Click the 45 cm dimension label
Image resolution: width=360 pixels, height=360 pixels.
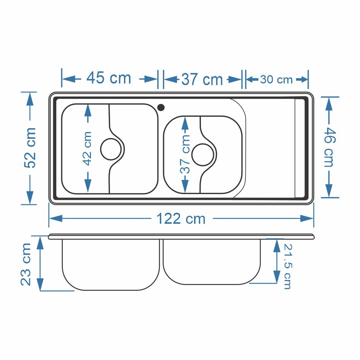click(108, 78)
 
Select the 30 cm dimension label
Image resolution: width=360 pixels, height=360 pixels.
click(276, 80)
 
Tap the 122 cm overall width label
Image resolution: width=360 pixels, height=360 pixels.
click(181, 218)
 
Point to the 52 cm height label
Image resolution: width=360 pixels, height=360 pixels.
click(30, 148)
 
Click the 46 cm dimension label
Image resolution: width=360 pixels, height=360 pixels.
click(330, 147)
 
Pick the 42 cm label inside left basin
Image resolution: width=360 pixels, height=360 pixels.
click(87, 148)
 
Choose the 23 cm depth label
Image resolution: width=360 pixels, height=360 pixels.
click(25, 264)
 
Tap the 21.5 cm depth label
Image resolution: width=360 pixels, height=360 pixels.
click(287, 266)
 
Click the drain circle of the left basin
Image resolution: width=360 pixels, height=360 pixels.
click(111, 149)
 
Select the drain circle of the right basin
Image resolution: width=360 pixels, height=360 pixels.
click(202, 155)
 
